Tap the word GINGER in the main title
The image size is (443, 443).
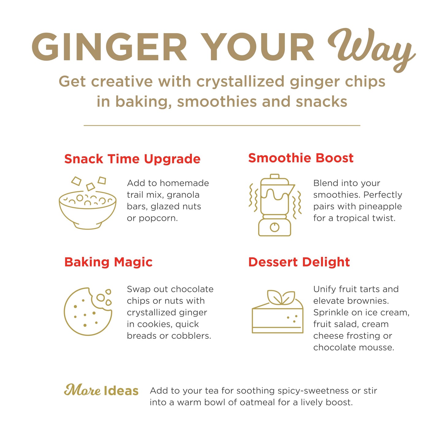point(109,47)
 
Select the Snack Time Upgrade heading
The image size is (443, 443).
point(132,159)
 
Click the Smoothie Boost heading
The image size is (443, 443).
point(301,158)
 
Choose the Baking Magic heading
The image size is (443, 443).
point(108,262)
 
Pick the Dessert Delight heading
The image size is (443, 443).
point(299,262)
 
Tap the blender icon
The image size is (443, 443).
point(275,205)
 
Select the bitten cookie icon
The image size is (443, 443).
point(88,311)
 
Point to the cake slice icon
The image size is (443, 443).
point(278,311)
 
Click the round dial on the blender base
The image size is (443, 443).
point(274,227)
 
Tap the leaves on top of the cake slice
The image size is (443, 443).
point(281,297)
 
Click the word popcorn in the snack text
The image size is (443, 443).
point(158,219)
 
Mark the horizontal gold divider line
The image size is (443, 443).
point(222,125)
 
